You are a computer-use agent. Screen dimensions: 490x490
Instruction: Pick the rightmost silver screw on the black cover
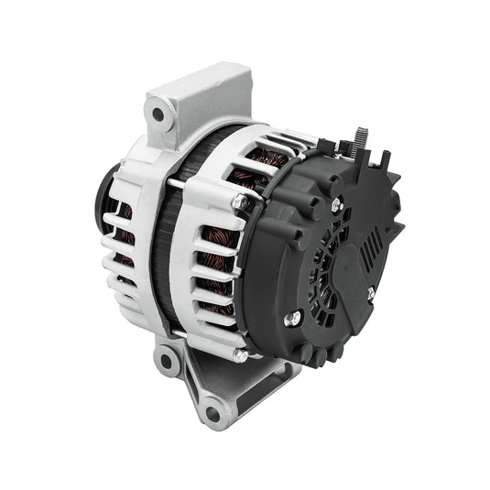click(x=371, y=294)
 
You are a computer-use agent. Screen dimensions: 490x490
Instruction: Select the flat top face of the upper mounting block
click(x=197, y=87)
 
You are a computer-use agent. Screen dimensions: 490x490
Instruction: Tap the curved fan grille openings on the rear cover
click(x=316, y=266)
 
